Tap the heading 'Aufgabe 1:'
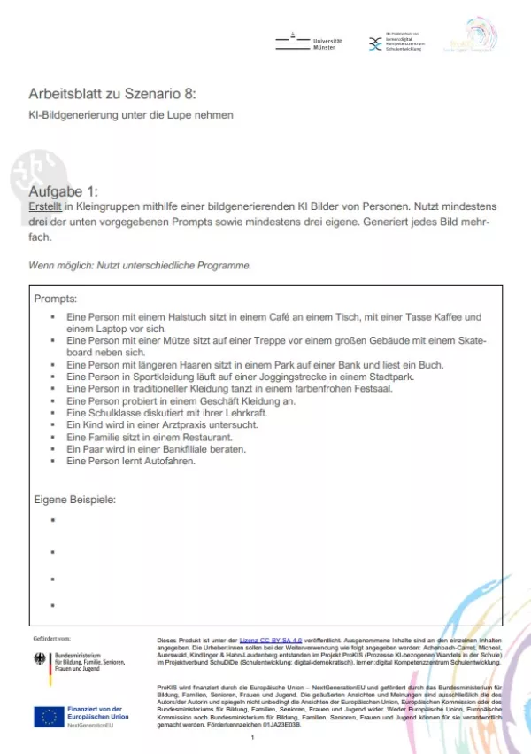65,191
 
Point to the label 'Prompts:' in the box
56,298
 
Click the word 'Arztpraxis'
189,425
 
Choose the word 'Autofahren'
166,461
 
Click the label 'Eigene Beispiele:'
75,499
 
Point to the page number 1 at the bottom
253,737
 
